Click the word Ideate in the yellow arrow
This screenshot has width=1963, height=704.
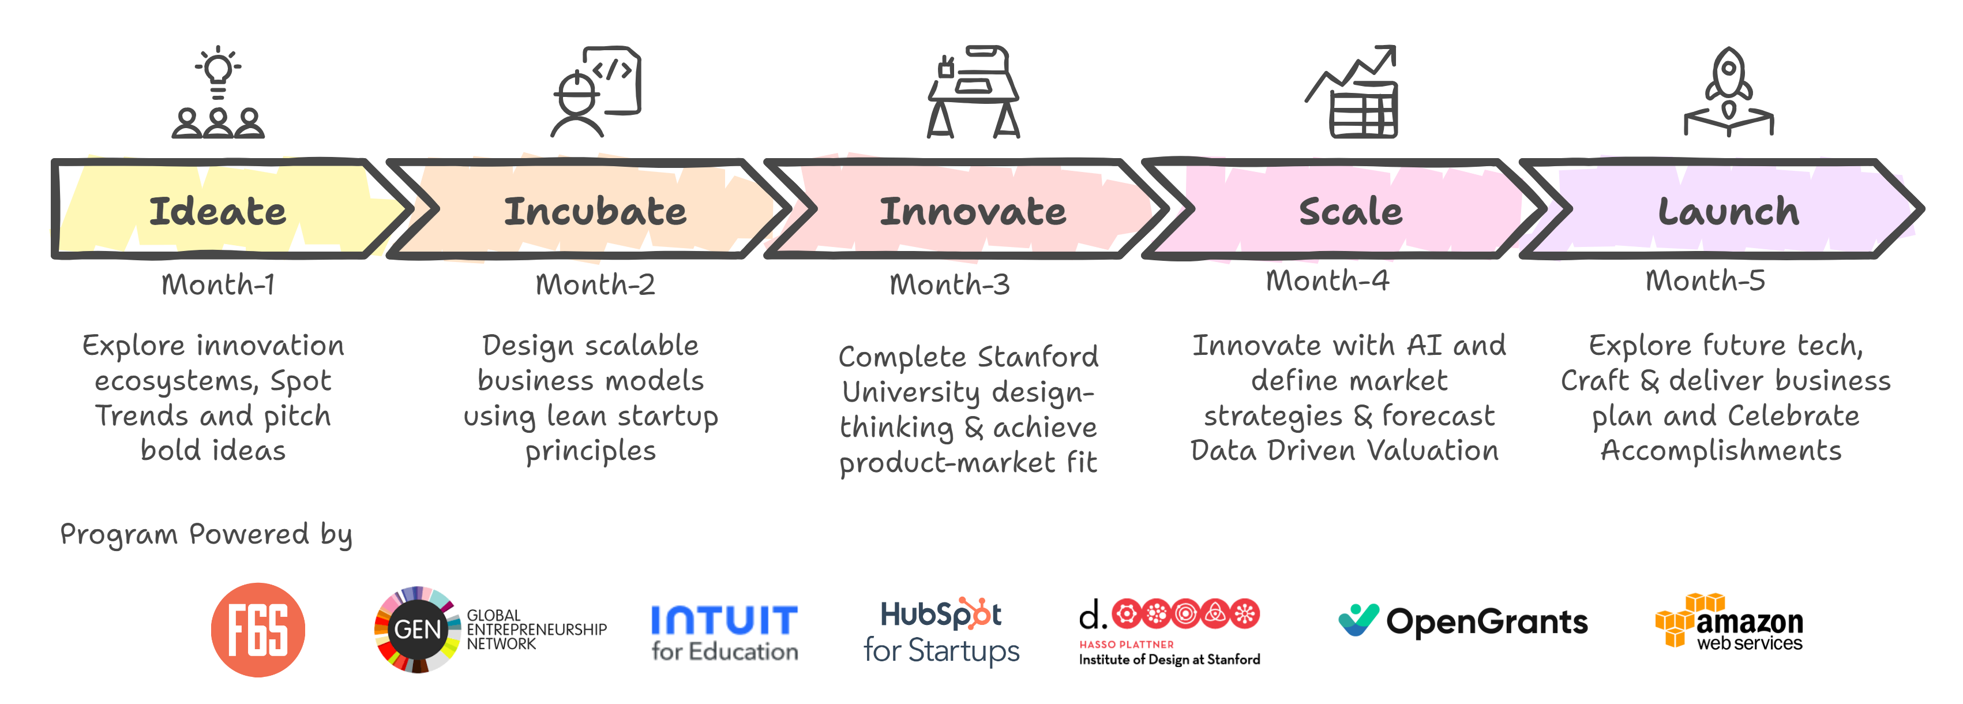coord(218,211)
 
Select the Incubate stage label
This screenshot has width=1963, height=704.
coord(595,211)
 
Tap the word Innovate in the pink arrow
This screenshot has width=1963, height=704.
coord(973,211)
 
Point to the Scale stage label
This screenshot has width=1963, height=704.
coord(1350,211)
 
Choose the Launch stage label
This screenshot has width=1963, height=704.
coord(1728,211)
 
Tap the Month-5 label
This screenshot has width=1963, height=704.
coord(1705,281)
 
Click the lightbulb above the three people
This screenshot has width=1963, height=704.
coord(218,72)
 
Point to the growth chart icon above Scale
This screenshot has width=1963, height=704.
coord(1351,91)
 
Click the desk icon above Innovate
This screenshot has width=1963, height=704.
coord(973,91)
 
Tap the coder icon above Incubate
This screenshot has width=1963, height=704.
coord(595,91)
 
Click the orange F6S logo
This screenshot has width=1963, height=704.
coord(258,630)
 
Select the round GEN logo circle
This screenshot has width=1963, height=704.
coord(418,630)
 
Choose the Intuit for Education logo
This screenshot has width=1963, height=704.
coord(724,633)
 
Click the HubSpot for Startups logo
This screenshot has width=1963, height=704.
coord(941,632)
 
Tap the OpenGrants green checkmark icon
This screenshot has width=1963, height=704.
coord(1358,620)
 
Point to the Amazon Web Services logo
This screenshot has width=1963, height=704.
coord(1729,621)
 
